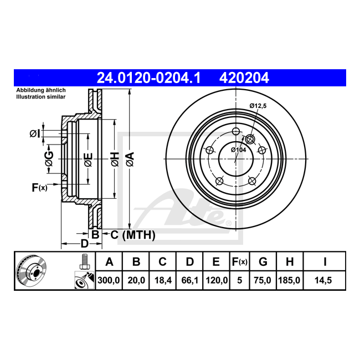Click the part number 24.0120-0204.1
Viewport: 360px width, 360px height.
pyautogui.click(x=148, y=78)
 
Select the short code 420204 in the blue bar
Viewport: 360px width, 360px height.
pyautogui.click(x=244, y=78)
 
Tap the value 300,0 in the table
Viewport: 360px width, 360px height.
pyautogui.click(x=109, y=280)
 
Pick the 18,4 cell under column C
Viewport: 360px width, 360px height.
pyautogui.click(x=163, y=280)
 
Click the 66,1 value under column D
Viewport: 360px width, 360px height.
pyautogui.click(x=189, y=280)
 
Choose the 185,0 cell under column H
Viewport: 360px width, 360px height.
pyautogui.click(x=289, y=280)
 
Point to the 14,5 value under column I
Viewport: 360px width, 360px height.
pyautogui.click(x=323, y=280)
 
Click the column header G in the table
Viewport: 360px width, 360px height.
pyautogui.click(x=263, y=262)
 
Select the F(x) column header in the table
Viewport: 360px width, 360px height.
pyautogui.click(x=239, y=262)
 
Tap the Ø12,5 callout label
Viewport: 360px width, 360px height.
pyautogui.click(x=258, y=106)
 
